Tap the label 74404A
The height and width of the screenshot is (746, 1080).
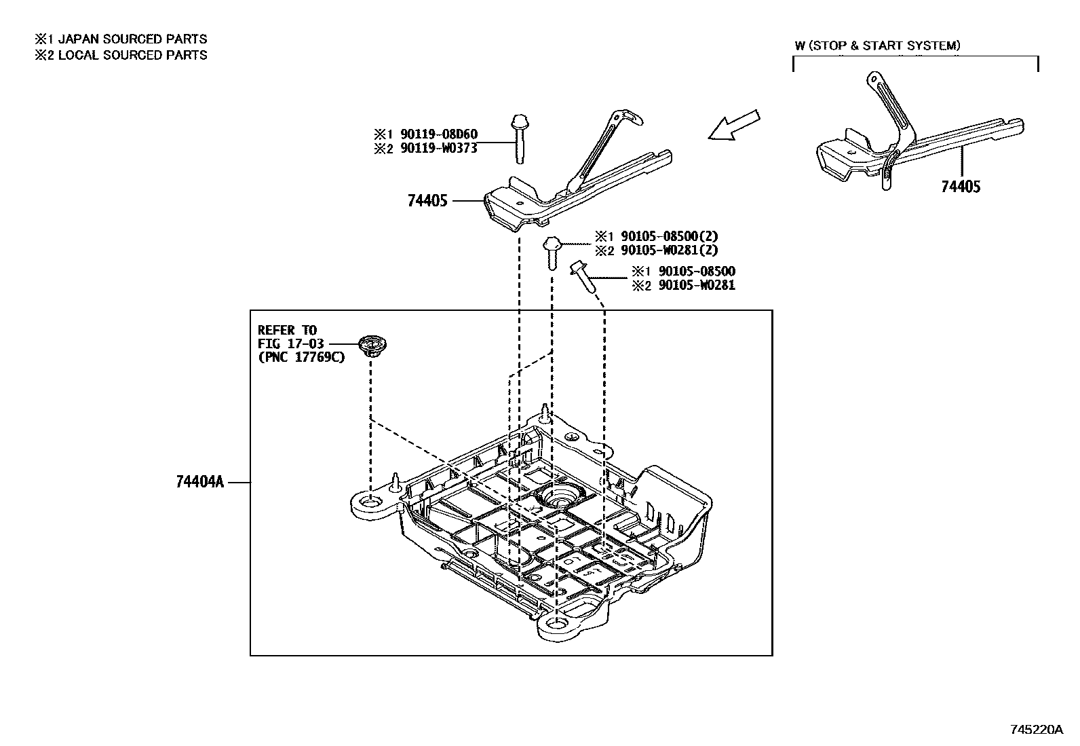click(199, 482)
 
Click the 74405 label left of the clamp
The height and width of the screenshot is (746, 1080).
click(428, 201)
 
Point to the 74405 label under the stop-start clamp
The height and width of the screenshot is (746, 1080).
click(961, 187)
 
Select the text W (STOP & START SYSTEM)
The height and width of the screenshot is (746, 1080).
click(878, 46)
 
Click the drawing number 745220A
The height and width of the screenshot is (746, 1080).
click(1037, 730)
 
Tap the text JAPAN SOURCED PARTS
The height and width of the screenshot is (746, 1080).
click(133, 39)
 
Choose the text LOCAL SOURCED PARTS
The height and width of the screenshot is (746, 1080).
click(133, 55)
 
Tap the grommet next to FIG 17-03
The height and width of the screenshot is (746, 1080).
click(370, 346)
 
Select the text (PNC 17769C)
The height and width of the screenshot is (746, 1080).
click(301, 358)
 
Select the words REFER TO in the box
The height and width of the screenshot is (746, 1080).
click(287, 331)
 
